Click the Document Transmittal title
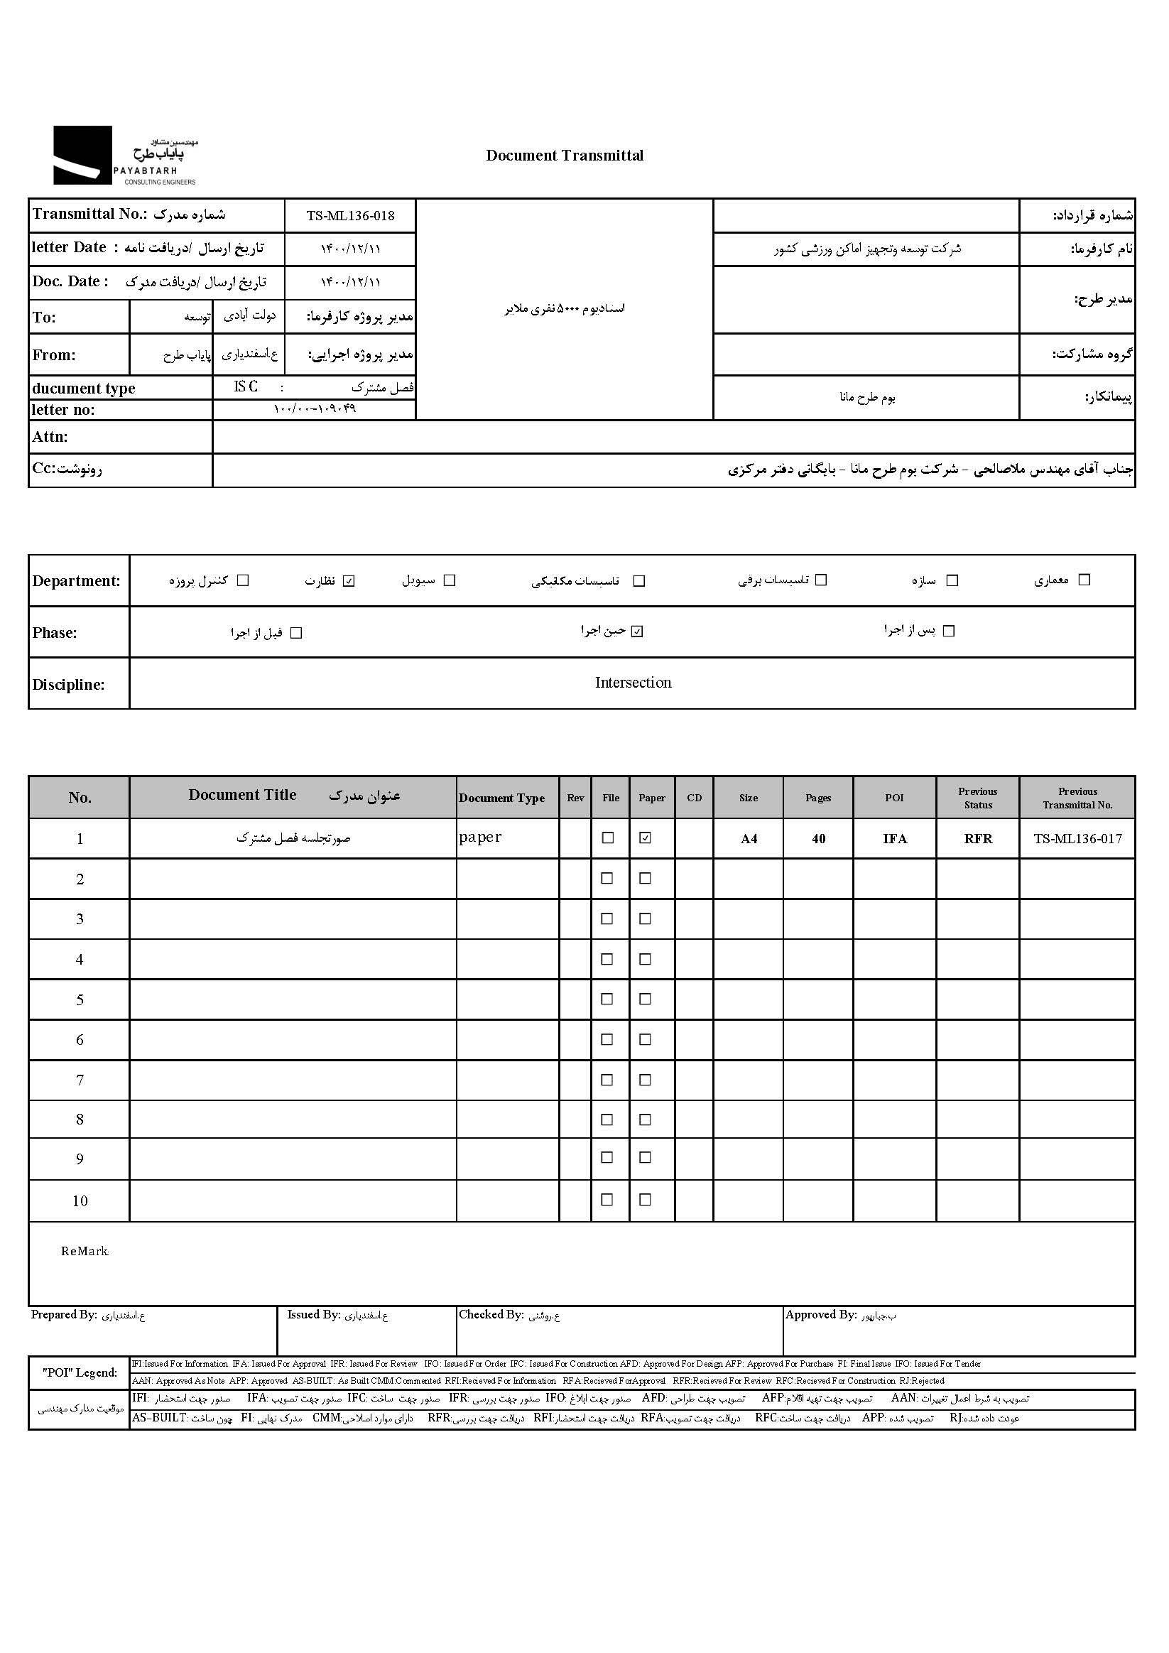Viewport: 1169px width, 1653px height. [565, 156]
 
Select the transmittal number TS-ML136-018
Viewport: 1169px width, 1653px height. [350, 215]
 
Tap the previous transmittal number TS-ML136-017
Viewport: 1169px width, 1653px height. [1077, 838]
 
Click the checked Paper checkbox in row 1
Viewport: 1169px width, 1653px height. [646, 838]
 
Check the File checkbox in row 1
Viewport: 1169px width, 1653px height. [607, 838]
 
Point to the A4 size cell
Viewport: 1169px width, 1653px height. [749, 839]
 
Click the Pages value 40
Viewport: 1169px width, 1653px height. [818, 839]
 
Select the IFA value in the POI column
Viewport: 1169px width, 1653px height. [895, 839]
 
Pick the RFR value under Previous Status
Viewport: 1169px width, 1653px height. [977, 839]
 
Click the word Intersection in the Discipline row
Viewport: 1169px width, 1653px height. [633, 683]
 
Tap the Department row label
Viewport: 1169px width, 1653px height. [76, 581]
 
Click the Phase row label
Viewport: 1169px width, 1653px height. [55, 633]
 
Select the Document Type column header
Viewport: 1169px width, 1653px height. [501, 798]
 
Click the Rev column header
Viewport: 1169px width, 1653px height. [575, 798]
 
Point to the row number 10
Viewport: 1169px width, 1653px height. [80, 1201]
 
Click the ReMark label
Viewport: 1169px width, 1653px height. [85, 1251]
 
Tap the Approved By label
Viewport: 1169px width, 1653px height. [820, 1315]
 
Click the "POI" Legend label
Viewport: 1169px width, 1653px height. [80, 1372]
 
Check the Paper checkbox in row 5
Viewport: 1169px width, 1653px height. [646, 999]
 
